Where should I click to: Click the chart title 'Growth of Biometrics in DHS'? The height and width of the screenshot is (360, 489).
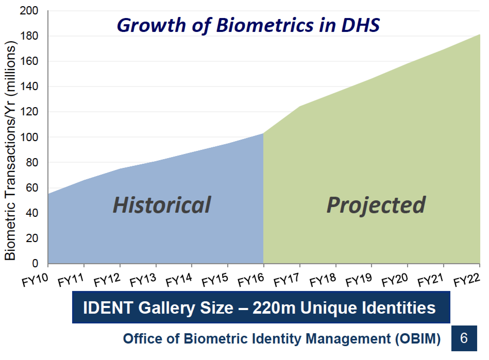(x=248, y=25)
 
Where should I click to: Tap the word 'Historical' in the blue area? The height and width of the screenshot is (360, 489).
(x=162, y=205)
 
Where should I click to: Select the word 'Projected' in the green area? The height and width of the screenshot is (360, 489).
(x=376, y=205)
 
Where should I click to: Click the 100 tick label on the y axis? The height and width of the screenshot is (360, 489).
(x=31, y=137)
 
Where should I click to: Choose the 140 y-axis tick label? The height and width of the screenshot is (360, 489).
(x=31, y=87)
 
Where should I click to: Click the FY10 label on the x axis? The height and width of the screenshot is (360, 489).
(x=35, y=280)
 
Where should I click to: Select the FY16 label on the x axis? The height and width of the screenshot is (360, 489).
(x=251, y=280)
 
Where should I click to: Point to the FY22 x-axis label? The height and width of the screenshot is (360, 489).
(x=466, y=280)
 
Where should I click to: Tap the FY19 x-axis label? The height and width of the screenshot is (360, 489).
(x=359, y=280)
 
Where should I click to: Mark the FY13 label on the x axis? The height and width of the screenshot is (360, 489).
(x=143, y=280)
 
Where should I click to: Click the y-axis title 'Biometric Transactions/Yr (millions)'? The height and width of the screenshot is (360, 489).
(x=10, y=153)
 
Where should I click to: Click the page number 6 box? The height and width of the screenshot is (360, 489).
(x=464, y=338)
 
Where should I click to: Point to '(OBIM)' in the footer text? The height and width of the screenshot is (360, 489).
(x=418, y=339)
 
